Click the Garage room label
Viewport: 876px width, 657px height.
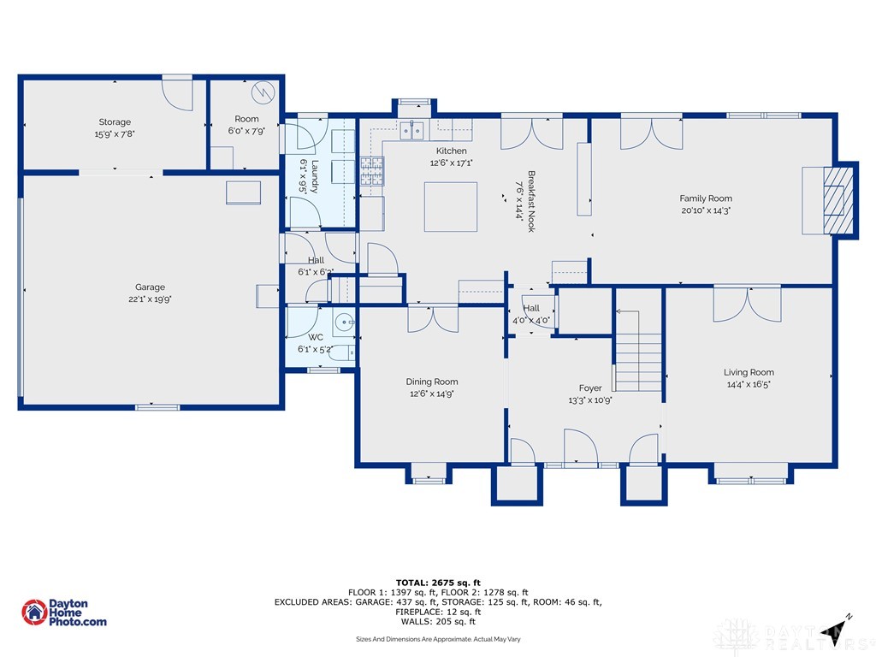pyautogui.click(x=150, y=287)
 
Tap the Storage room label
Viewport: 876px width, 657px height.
pyautogui.click(x=115, y=121)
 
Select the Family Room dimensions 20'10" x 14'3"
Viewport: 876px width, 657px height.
pyautogui.click(x=706, y=210)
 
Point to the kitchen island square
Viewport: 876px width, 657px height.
pyautogui.click(x=450, y=207)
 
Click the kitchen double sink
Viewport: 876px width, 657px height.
pyautogui.click(x=412, y=130)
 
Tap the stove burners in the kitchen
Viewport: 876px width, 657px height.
pyautogui.click(x=372, y=171)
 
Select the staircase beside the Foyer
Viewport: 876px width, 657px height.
pyautogui.click(x=637, y=351)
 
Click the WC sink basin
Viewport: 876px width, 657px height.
pyautogui.click(x=344, y=323)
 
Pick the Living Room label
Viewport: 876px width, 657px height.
pyautogui.click(x=749, y=372)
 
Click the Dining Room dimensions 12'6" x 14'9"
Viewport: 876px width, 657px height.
pyautogui.click(x=431, y=394)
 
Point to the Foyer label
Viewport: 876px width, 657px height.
pyautogui.click(x=590, y=388)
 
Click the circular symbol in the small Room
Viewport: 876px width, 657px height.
pyautogui.click(x=263, y=92)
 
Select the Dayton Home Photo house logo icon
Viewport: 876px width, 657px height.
pyautogui.click(x=34, y=613)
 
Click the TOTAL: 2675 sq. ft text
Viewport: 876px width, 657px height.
pyautogui.click(x=438, y=583)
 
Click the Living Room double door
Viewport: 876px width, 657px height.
pyautogui.click(x=747, y=305)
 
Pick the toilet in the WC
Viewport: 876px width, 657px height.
pyautogui.click(x=343, y=353)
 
